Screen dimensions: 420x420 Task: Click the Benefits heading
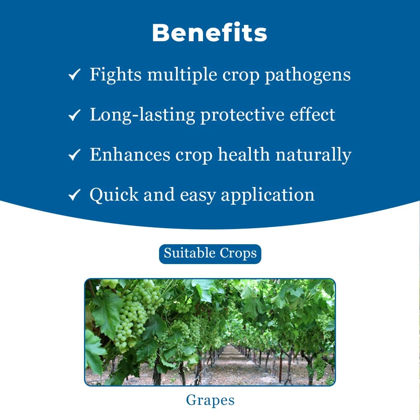click(210, 33)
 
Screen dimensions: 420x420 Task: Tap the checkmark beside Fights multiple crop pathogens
click(74, 75)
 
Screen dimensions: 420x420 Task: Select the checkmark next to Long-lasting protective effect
click(74, 115)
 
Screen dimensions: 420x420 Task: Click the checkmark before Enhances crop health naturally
click(74, 155)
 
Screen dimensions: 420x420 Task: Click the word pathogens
click(308, 75)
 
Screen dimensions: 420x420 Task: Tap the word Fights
click(115, 75)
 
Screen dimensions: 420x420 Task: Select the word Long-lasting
click(142, 115)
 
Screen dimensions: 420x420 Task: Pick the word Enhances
click(130, 155)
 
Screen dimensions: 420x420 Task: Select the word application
click(268, 195)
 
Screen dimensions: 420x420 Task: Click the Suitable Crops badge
click(210, 254)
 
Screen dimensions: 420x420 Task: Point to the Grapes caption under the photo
click(210, 400)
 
